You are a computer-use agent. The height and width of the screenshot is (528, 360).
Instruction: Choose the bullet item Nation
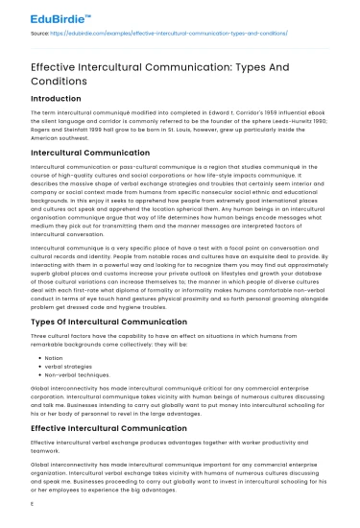click(55, 356)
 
